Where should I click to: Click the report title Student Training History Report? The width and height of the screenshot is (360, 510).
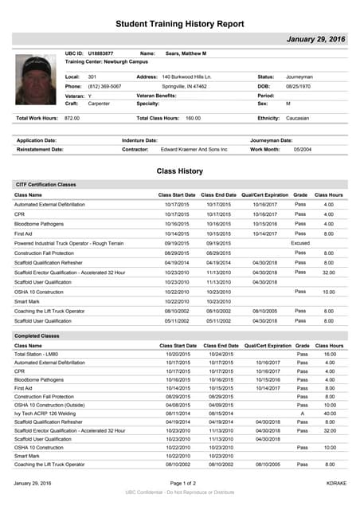[179, 25]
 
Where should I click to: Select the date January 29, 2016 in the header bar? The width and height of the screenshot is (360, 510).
[315, 39]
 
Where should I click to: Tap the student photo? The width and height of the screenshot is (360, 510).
[37, 84]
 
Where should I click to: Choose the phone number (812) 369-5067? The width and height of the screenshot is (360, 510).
[104, 85]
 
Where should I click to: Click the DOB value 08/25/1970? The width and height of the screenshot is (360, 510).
[299, 85]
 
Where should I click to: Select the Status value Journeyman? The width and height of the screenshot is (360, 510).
[299, 76]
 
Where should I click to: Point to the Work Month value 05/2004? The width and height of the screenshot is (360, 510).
[303, 149]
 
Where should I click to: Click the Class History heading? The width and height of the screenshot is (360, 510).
[179, 171]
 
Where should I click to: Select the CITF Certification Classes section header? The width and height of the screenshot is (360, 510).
[45, 184]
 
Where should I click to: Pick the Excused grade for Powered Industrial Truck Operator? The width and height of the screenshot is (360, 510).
[300, 243]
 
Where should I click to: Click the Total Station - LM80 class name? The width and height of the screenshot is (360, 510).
[37, 353]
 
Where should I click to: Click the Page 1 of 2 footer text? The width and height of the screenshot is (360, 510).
[179, 484]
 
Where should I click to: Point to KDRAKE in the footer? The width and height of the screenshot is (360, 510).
[336, 484]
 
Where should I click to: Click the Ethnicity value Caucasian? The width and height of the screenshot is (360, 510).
[298, 118]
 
